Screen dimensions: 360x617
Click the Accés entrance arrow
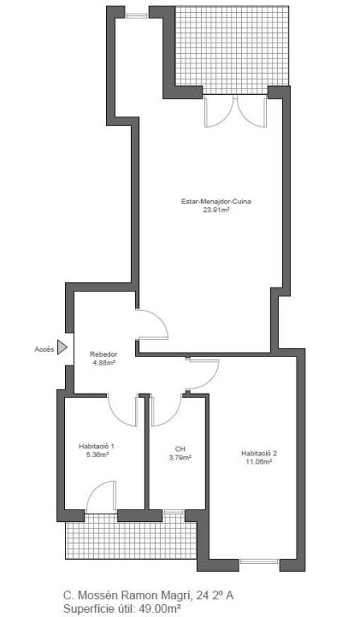tap(62, 347)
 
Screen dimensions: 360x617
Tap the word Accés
tap(44, 349)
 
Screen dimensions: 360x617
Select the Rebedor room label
tap(104, 353)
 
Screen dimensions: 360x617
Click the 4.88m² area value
tap(104, 362)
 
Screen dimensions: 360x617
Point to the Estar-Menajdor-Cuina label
tap(216, 202)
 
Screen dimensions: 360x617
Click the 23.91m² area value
tap(216, 210)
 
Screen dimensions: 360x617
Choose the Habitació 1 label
tap(96, 446)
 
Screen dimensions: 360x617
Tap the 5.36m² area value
tap(96, 455)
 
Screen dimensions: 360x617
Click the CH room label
tap(180, 449)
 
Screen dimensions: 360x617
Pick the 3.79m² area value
tap(180, 458)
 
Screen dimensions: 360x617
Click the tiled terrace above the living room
tap(232, 50)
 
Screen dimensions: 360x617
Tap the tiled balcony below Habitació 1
tap(131, 536)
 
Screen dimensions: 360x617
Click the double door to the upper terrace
tap(235, 111)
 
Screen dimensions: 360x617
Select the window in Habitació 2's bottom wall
tap(259, 562)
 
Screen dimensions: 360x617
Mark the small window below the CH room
tap(174, 512)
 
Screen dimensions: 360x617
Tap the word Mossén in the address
tap(96, 595)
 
